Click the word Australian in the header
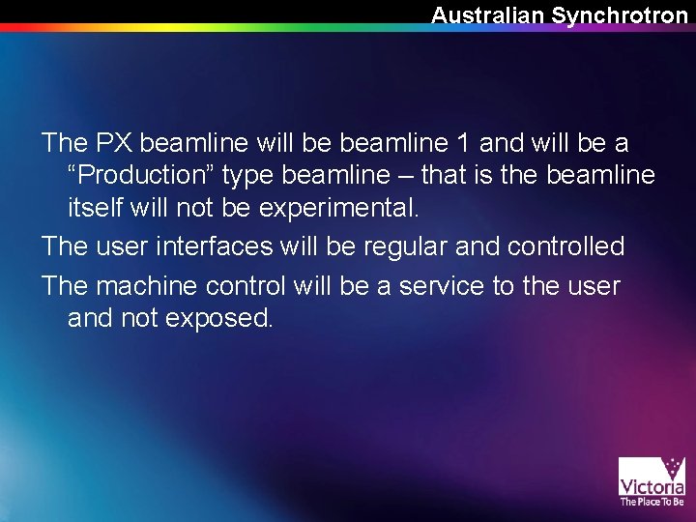tap(487, 14)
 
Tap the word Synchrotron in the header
tap(620, 14)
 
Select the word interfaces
tap(217, 246)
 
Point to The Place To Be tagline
tap(652, 502)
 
